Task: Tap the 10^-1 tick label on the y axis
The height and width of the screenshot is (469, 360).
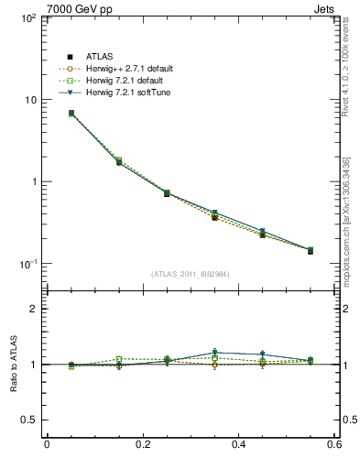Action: (29, 264)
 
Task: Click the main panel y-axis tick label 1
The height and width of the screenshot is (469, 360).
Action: (35, 181)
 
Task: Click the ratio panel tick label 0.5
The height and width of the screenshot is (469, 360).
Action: (31, 420)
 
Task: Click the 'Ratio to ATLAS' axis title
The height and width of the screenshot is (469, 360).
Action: (11, 365)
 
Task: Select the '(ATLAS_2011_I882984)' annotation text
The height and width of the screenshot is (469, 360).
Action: (190, 274)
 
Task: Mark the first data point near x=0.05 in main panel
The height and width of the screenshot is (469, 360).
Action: (71, 114)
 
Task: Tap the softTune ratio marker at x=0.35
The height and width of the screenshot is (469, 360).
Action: (214, 353)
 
